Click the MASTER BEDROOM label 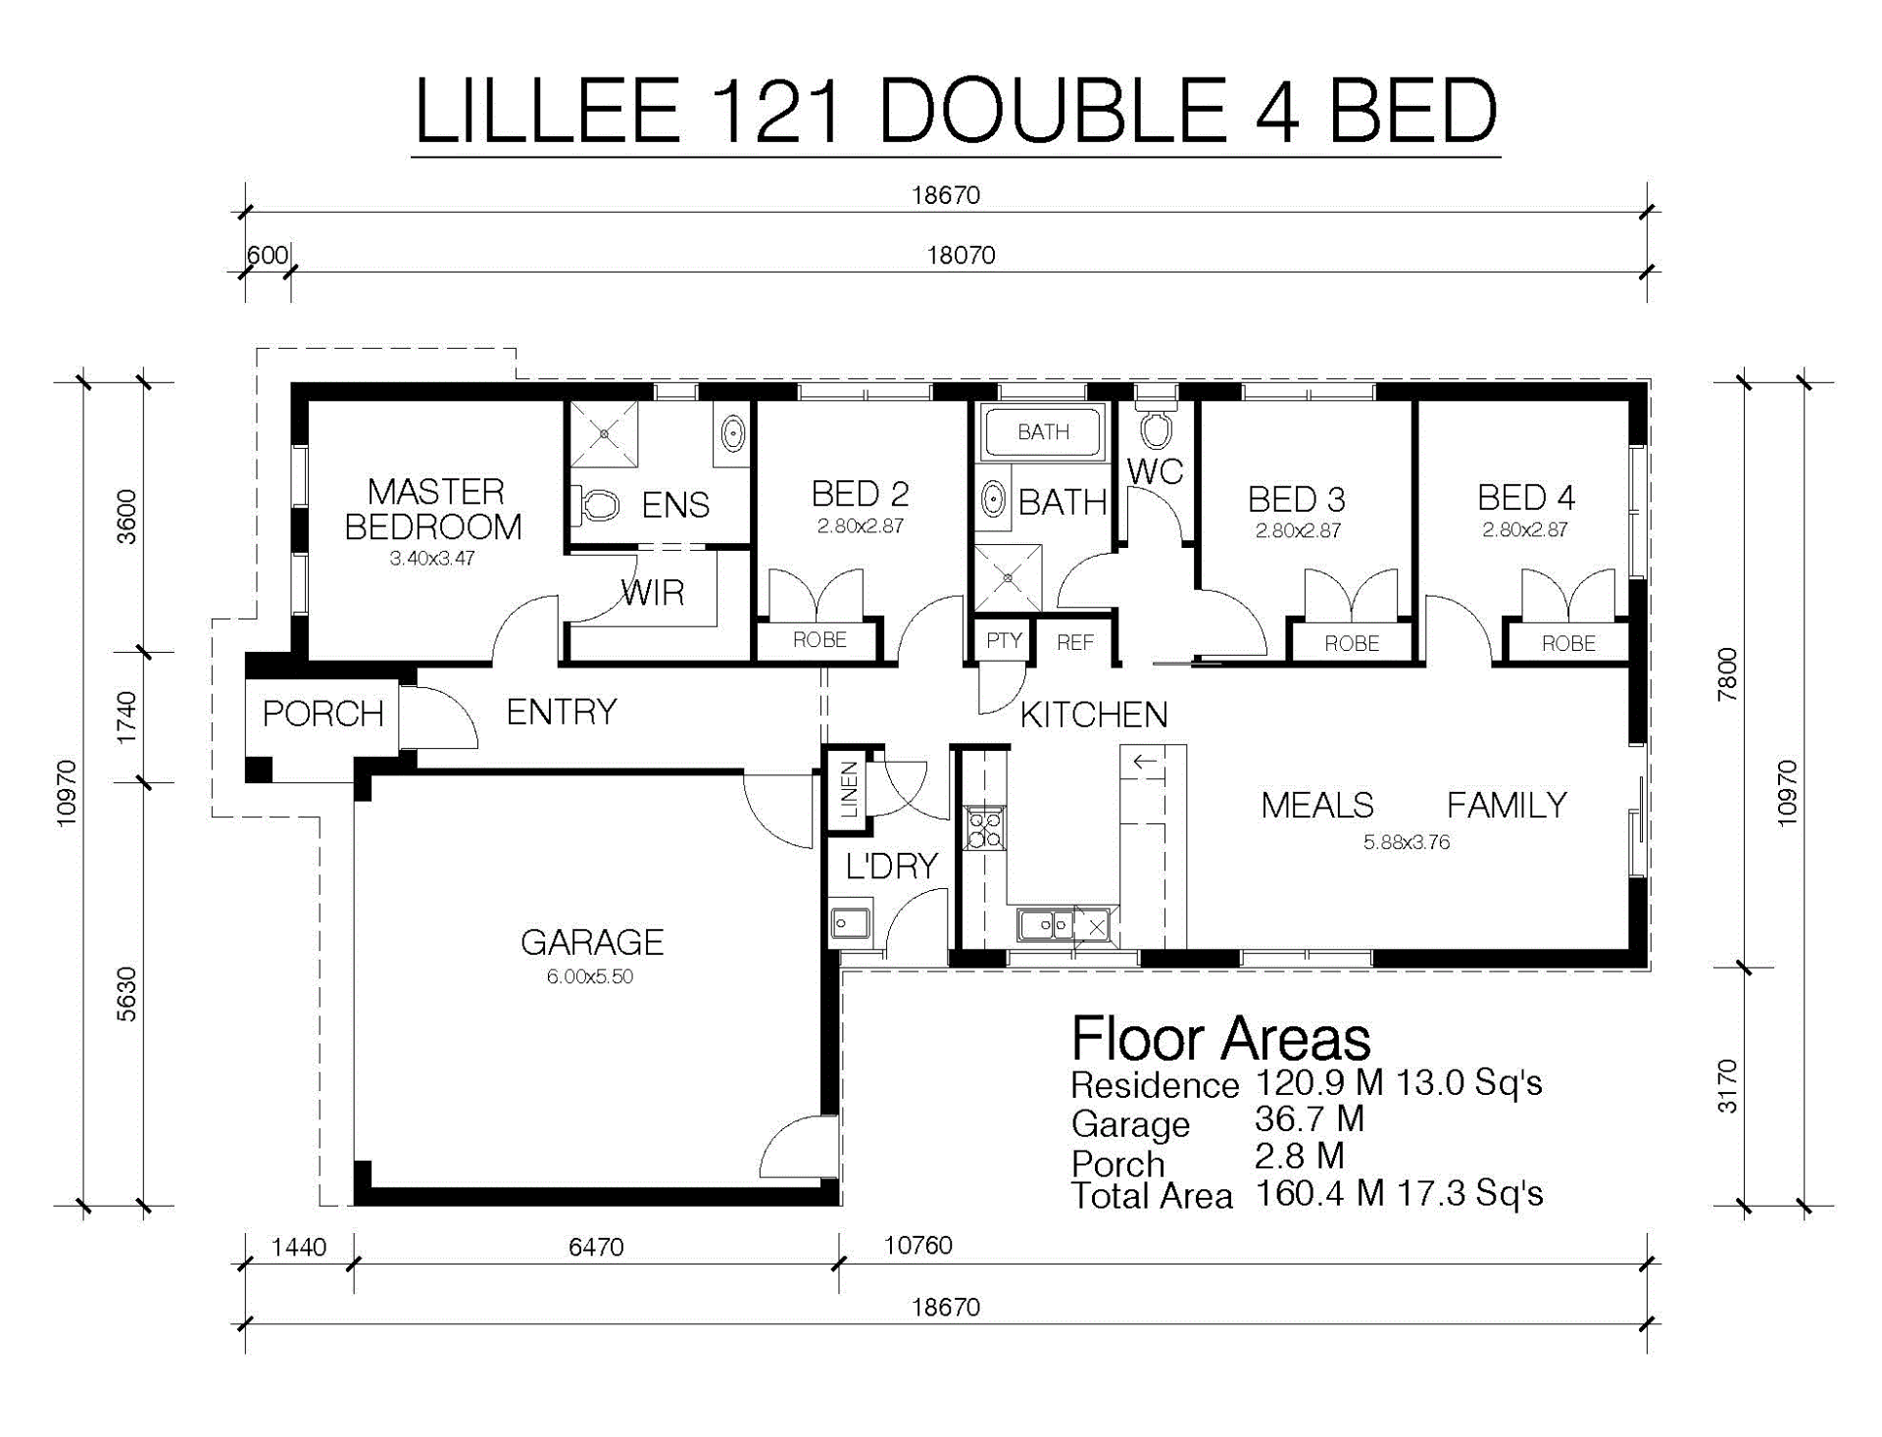coord(433,509)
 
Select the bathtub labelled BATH coord(1043,431)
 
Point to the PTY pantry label coord(1004,641)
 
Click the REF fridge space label coord(1075,643)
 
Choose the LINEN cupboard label coord(850,789)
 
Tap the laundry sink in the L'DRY coord(850,923)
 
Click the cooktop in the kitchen coord(984,826)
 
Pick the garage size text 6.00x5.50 coord(590,976)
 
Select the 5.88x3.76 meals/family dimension coord(1407,842)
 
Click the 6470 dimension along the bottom coord(596,1247)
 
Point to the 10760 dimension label coord(918,1245)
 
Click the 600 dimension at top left coord(267,256)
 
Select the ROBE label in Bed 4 coord(1568,644)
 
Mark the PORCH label coord(322,714)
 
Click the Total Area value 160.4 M coord(1319,1194)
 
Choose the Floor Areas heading coord(1221,1039)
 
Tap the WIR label coord(652,592)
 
